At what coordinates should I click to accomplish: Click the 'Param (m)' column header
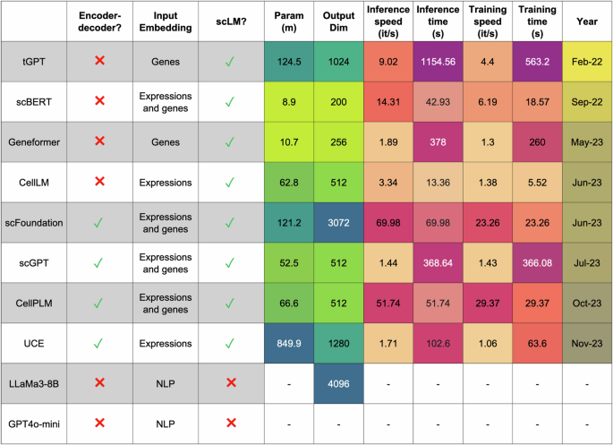point(294,21)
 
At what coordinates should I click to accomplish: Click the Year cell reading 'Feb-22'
point(586,61)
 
